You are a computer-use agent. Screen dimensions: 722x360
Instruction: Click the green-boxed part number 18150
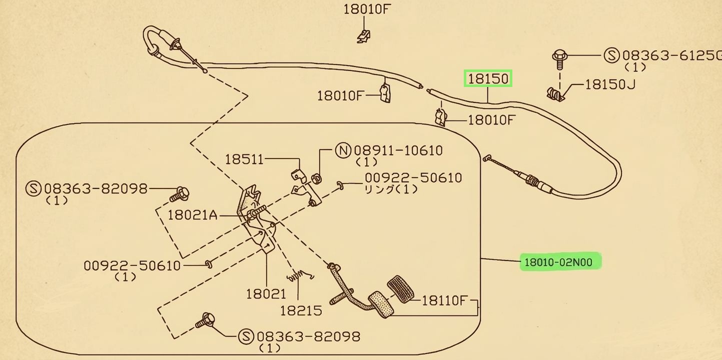click(x=488, y=78)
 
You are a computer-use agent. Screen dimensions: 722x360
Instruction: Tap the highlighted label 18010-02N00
click(x=560, y=262)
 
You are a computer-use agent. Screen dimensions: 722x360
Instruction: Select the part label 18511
click(x=244, y=159)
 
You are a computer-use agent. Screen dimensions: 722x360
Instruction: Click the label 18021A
click(x=193, y=215)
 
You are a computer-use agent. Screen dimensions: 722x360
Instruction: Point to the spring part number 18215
click(x=301, y=310)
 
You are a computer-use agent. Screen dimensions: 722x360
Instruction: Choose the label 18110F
click(x=444, y=300)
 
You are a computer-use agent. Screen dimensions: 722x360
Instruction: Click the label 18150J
click(x=610, y=84)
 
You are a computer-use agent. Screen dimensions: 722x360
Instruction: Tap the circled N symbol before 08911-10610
click(x=343, y=150)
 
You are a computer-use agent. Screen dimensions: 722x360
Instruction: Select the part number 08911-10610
click(x=398, y=150)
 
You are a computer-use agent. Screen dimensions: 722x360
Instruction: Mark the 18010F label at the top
click(x=367, y=9)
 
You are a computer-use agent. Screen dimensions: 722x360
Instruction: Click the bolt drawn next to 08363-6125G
click(x=560, y=59)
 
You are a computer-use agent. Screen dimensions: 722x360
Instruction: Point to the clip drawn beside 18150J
click(x=555, y=94)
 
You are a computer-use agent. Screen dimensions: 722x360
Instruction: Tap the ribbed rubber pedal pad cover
click(x=401, y=289)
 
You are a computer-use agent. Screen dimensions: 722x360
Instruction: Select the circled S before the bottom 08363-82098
click(x=246, y=336)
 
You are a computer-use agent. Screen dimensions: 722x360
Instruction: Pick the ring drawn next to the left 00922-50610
click(x=209, y=264)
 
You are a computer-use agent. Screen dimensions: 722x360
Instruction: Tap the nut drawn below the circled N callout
click(x=317, y=178)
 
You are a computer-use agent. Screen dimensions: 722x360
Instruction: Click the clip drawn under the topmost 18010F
click(x=364, y=36)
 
